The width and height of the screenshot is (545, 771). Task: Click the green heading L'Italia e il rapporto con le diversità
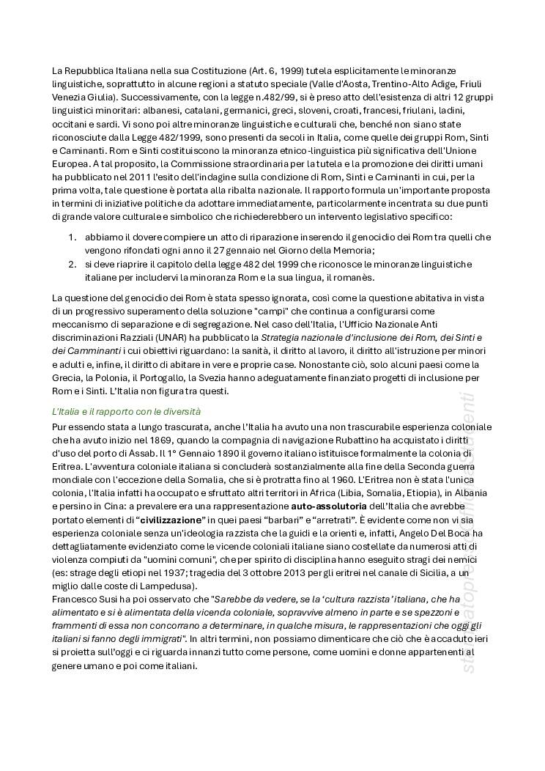coord(126,411)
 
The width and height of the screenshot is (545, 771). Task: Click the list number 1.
coord(72,237)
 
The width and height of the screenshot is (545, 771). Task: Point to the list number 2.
coord(72,264)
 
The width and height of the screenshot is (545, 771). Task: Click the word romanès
coord(354,278)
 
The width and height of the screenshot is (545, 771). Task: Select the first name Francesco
coord(76,600)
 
